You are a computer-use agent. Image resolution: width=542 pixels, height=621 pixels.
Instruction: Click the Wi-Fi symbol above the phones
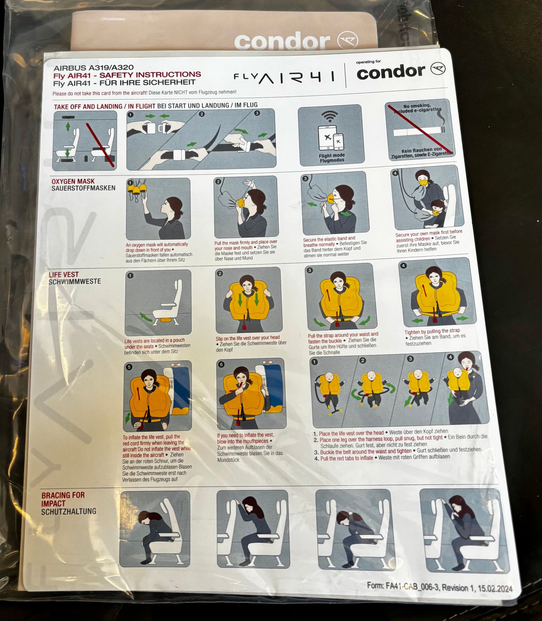tap(330, 116)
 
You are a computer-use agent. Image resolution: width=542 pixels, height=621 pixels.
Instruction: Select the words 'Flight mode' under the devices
tap(332, 155)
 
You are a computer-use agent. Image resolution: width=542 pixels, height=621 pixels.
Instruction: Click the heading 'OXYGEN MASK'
tap(73, 181)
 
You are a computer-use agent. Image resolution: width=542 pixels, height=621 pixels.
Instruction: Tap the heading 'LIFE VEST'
tap(64, 275)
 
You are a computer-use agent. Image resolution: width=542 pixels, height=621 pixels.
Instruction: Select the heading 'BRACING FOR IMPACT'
tap(63, 499)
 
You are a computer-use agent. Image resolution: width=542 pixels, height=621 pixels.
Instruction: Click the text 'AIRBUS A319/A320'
tap(93, 68)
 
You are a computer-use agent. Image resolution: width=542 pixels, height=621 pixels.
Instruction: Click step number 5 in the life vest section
tap(129, 367)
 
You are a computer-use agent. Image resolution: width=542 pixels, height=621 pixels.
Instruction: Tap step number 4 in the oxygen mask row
tap(395, 173)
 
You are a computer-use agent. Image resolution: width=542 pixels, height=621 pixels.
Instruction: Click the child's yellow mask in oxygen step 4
tap(436, 213)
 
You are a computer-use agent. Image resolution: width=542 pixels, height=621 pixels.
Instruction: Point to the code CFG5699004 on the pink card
tap(113, 19)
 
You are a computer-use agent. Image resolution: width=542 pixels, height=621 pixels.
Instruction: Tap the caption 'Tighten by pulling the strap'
tap(432, 331)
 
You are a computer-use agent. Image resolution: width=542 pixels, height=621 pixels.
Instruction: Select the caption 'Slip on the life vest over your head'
tap(248, 338)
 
